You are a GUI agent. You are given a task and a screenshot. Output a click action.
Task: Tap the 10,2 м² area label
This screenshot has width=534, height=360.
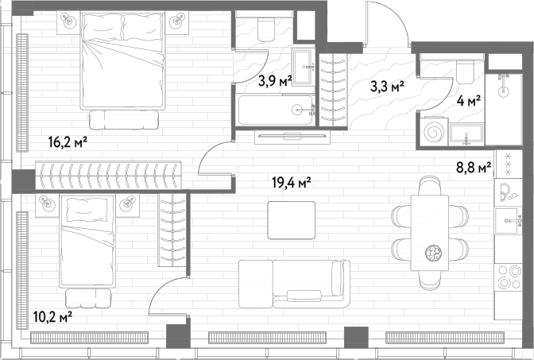coord(52,317)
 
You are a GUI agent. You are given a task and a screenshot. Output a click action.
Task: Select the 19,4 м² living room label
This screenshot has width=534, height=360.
coord(292,183)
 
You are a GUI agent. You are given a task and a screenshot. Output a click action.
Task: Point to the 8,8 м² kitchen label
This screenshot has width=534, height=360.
coord(474,167)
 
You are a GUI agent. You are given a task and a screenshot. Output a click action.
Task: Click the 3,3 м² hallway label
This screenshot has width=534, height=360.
coord(388,87)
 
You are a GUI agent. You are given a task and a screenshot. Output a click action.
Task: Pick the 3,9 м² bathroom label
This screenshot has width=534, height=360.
coord(275,81)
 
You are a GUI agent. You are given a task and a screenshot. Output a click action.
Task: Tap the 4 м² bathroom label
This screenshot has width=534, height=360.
coord(469,101)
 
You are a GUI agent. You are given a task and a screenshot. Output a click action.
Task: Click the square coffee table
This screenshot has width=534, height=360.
coord(292,220)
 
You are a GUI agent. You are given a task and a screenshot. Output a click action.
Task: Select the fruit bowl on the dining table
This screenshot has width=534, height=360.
coord(433,253)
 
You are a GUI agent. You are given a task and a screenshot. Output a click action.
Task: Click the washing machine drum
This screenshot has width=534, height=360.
coord(434,131)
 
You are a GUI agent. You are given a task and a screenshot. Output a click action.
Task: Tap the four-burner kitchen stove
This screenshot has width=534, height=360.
coord(509,277)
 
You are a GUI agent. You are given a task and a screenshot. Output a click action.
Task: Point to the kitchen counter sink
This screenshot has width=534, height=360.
coord(509,221)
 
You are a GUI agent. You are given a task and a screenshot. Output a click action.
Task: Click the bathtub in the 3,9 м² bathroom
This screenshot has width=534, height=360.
coord(276,110)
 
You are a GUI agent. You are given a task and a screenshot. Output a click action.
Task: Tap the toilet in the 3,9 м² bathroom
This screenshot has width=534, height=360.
coord(266,29)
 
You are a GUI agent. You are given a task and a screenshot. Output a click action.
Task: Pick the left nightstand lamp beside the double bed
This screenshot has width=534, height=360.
coord(69,21)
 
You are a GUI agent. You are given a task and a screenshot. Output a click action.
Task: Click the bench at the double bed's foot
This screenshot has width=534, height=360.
coord(124,119)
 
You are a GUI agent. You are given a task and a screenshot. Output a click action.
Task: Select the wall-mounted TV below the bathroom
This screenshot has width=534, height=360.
coord(292,136)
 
